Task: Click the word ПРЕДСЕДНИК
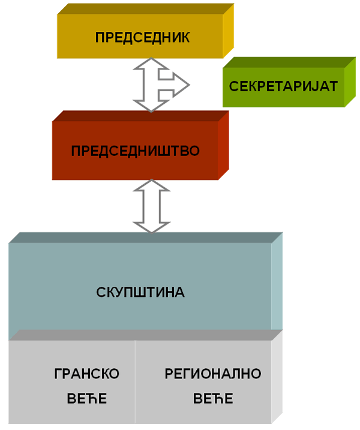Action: [x=142, y=37]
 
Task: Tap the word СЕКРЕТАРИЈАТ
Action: [x=283, y=86]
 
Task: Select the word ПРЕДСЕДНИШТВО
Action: [x=135, y=150]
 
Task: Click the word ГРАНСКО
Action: [x=86, y=374]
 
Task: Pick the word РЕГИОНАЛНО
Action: [x=213, y=374]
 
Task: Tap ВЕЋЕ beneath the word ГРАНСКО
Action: [x=87, y=399]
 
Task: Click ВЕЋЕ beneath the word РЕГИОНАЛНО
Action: [x=213, y=399]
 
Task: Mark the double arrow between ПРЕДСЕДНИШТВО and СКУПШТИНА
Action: [x=152, y=207]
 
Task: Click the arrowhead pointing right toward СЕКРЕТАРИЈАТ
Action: [x=180, y=83]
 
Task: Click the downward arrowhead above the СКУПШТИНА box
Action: [x=152, y=226]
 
